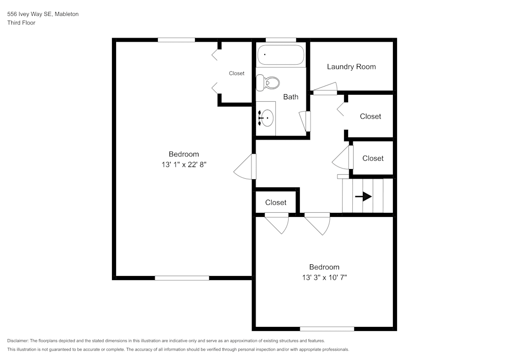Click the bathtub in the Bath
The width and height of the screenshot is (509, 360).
280,55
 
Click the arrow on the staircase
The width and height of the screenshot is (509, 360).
363,197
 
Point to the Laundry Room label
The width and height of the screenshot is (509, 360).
351,67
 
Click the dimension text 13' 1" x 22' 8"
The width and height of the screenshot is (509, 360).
184,164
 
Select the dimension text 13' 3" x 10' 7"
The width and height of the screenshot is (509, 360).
324,278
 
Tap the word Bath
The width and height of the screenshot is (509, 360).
291,97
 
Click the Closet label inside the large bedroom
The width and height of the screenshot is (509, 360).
236,73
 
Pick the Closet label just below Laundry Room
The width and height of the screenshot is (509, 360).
370,116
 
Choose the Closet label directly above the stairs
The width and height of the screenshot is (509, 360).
373,158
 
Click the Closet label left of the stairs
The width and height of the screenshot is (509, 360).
275,203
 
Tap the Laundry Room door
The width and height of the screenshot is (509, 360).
325,92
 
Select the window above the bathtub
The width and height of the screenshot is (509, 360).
281,40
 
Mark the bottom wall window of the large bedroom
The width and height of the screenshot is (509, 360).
182,278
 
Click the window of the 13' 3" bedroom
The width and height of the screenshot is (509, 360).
327,329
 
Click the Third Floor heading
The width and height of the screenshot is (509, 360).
21,23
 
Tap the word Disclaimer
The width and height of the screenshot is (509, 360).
18,341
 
